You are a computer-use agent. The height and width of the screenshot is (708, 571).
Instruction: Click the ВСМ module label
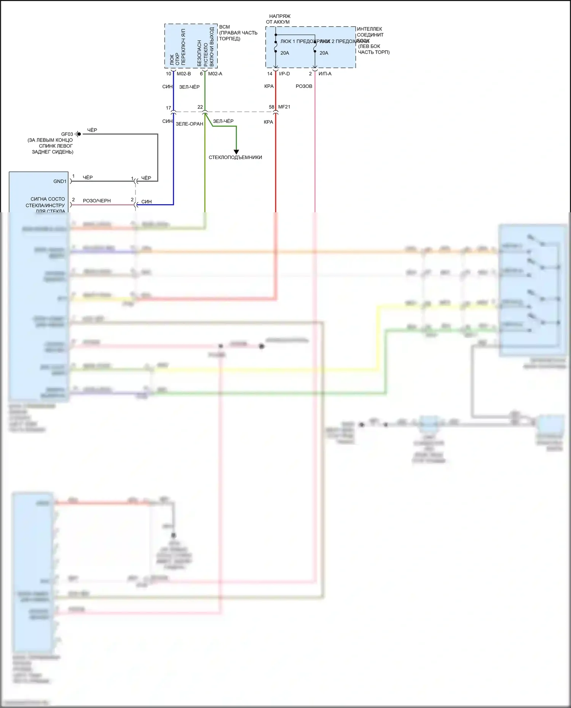(224, 27)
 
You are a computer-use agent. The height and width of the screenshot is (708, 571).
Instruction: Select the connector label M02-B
(183, 74)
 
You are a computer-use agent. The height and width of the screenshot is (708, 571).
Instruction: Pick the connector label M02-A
(215, 74)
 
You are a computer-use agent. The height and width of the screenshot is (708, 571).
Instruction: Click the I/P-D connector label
(284, 74)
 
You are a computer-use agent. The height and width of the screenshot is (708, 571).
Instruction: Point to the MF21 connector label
(284, 107)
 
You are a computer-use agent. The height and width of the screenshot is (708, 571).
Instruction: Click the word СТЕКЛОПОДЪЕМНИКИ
(235, 158)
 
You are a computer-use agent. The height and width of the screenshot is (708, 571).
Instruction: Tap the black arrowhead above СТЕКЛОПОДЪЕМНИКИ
(236, 152)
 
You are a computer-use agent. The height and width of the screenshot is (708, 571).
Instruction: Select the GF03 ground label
(67, 134)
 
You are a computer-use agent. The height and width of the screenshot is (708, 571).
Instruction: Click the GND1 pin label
(60, 181)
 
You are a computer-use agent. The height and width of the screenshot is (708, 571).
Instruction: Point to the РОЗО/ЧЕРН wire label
(97, 201)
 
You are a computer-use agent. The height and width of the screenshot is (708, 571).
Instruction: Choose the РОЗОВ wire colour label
(304, 86)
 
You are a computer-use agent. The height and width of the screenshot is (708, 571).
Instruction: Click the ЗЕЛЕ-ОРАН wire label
(189, 124)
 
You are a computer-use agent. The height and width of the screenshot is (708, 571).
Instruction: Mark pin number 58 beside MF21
(271, 107)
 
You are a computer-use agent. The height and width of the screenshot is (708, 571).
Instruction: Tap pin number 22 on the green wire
(200, 107)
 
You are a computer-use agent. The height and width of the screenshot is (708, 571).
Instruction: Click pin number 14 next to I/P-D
(270, 74)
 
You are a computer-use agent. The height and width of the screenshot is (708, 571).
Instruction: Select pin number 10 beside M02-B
(168, 74)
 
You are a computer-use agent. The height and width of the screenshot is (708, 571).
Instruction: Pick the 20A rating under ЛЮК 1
(285, 53)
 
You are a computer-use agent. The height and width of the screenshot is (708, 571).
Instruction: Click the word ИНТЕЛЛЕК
(369, 29)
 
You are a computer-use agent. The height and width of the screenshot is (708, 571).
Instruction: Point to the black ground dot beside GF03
(79, 134)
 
